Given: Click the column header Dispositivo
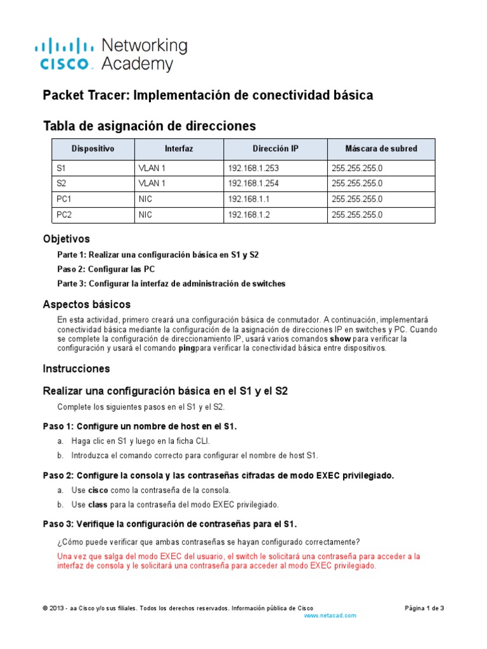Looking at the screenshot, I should click(x=93, y=149).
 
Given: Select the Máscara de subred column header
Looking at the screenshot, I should click(x=380, y=149).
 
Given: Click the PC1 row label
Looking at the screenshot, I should click(x=65, y=199).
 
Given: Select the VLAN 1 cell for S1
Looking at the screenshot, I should click(x=152, y=168).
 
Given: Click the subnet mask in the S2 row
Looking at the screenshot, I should click(x=357, y=184).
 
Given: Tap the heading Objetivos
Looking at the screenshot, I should click(x=66, y=239).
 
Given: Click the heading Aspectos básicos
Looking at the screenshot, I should click(x=86, y=304).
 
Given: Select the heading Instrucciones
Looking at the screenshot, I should click(x=76, y=368).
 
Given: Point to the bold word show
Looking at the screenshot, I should click(x=341, y=338).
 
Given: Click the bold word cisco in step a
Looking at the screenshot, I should click(x=98, y=490).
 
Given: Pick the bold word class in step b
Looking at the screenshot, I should click(x=98, y=504).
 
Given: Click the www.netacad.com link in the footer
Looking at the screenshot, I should click(x=330, y=615).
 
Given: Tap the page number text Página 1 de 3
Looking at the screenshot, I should click(x=424, y=608).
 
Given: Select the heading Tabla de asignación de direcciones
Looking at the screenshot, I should click(x=149, y=125).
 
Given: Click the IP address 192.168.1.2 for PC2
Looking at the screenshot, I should click(x=248, y=215).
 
